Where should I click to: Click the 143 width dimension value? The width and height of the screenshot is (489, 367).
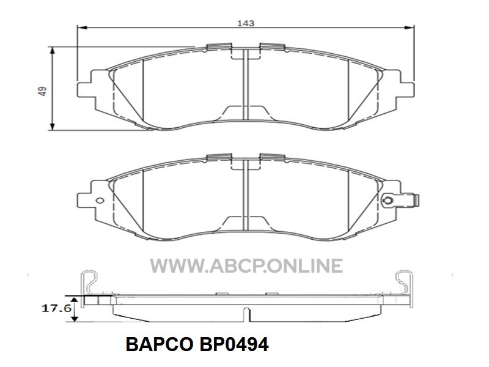[246, 23]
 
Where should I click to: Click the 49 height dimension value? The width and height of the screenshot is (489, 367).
[42, 91]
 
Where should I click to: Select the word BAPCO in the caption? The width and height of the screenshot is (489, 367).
[160, 344]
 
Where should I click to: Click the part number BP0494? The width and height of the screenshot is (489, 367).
[233, 344]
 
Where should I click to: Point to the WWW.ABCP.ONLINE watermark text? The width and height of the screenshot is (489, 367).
[246, 266]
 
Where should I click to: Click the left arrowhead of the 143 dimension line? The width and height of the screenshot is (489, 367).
[81, 28]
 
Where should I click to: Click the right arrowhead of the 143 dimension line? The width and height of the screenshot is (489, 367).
[410, 28]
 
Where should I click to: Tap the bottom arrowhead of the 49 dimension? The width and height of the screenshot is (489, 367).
[53, 126]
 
